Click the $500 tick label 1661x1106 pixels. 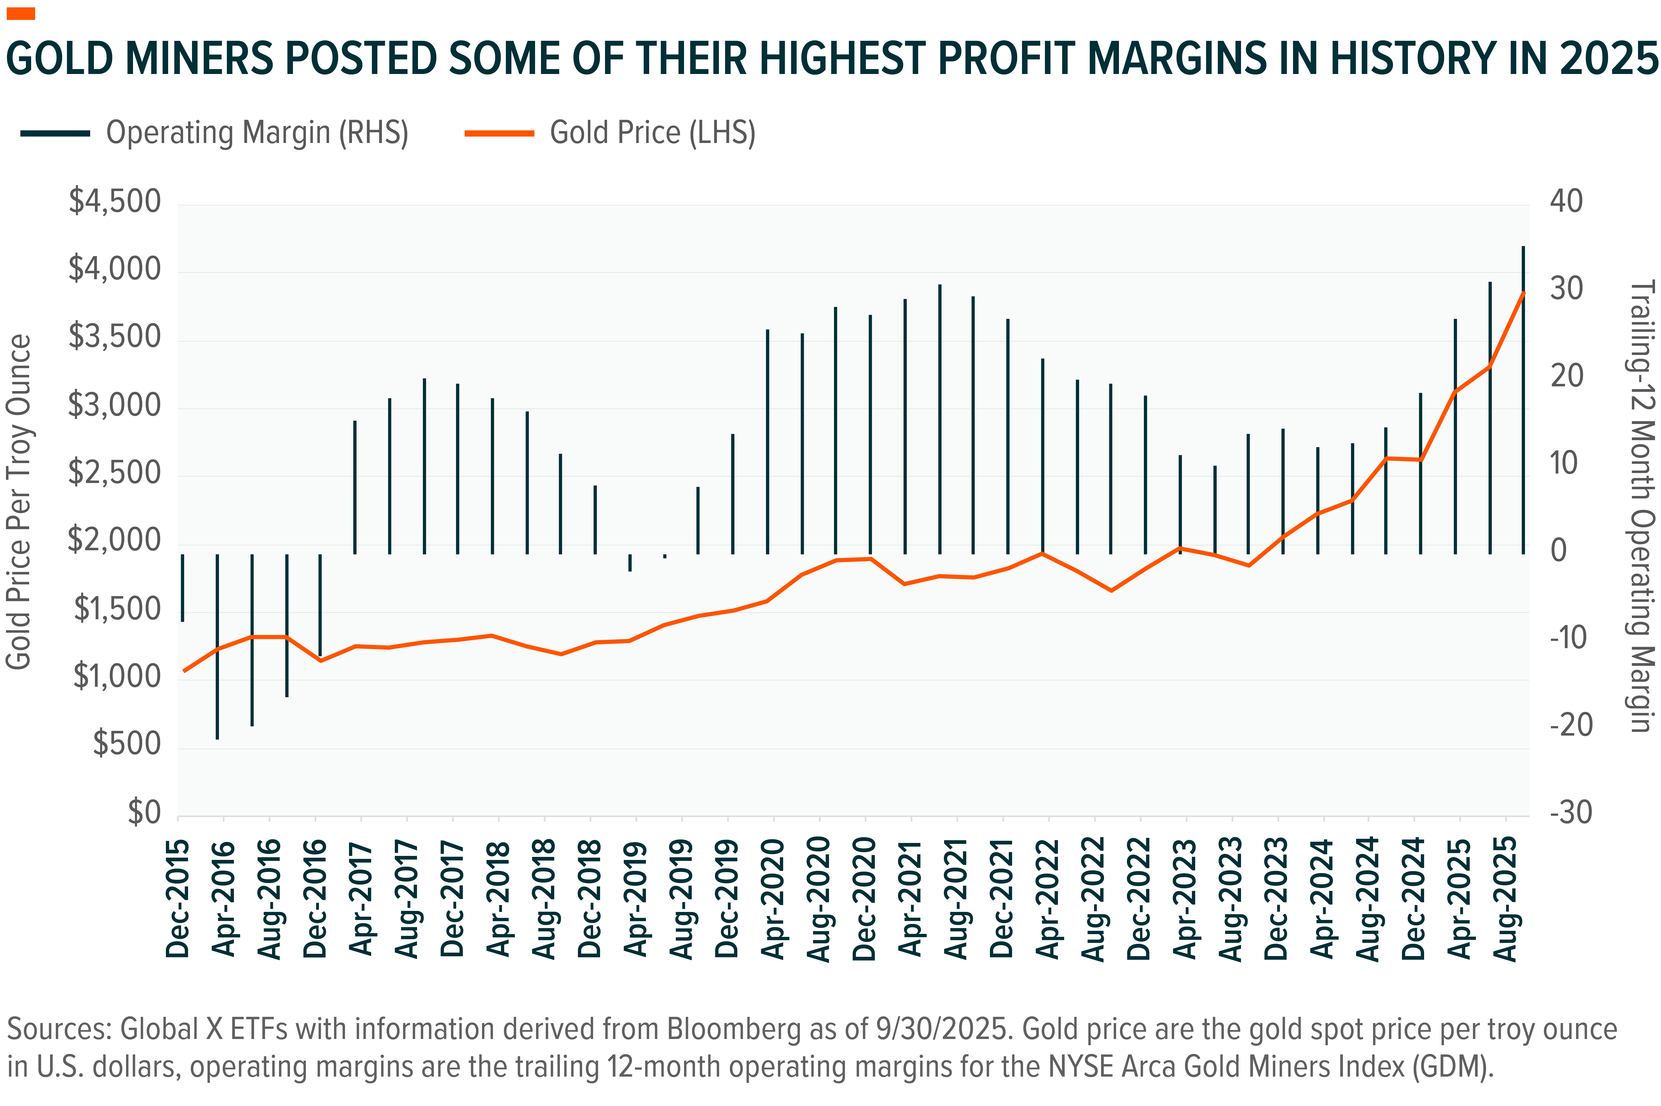(127, 744)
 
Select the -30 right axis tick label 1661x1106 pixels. (1571, 813)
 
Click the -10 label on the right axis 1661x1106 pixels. (1571, 638)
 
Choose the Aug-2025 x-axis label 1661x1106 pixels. (1506, 899)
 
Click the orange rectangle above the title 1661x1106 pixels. (20, 13)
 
